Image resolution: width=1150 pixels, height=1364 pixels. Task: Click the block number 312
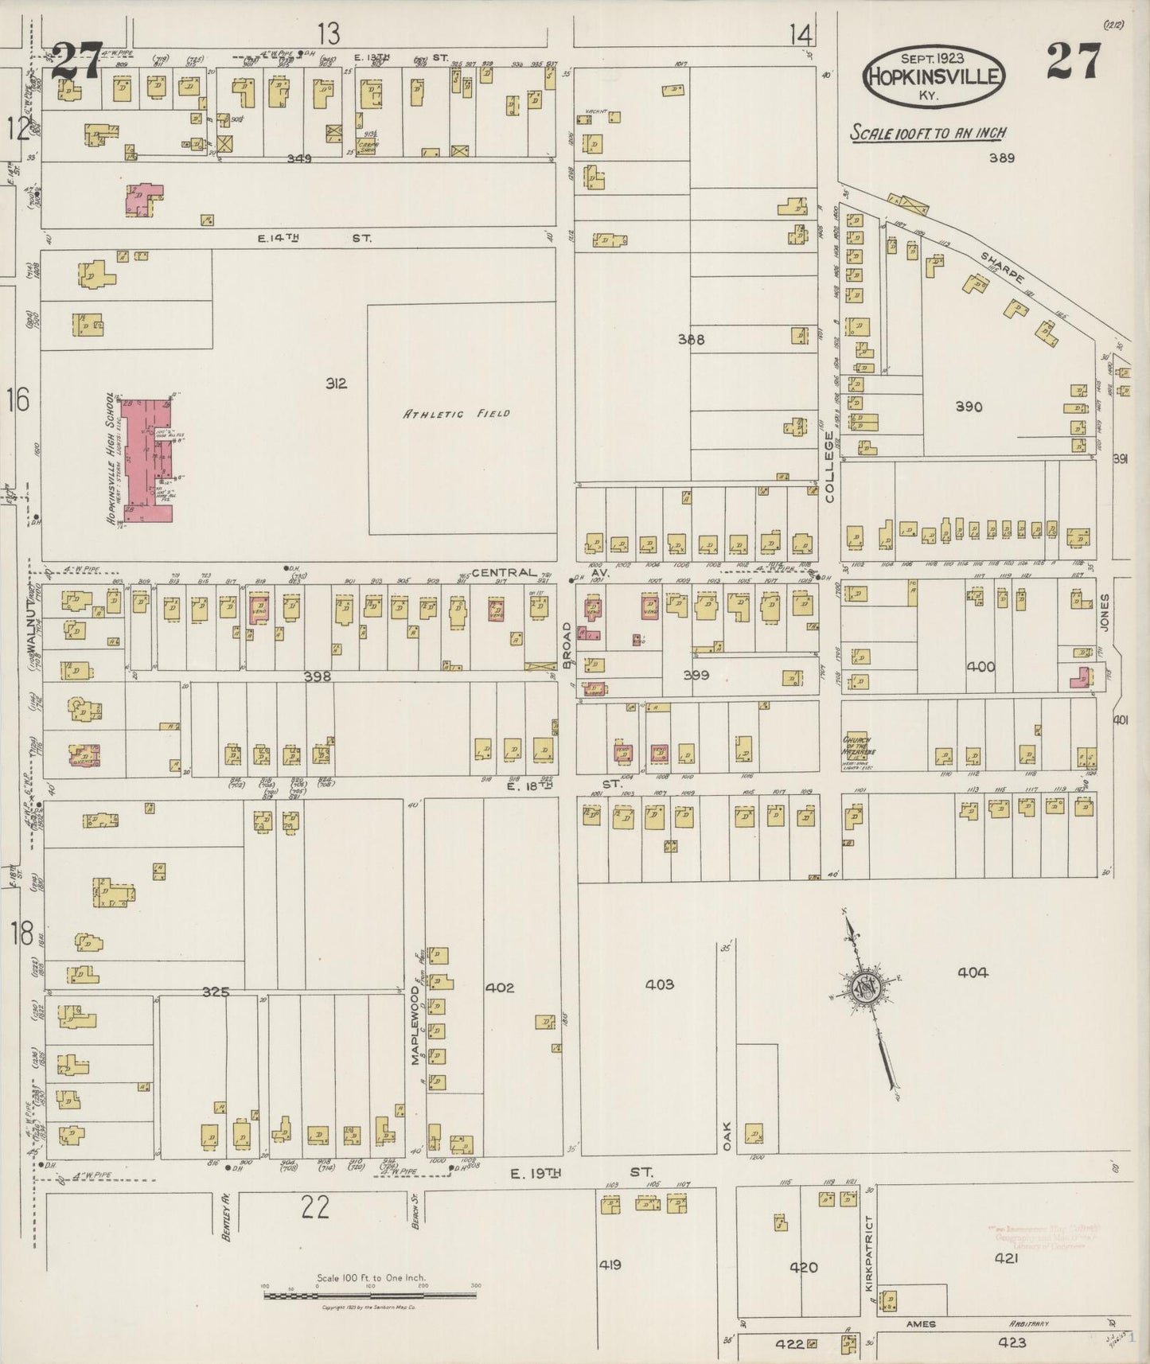click(336, 384)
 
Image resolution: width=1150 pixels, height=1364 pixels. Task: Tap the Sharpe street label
click(1003, 266)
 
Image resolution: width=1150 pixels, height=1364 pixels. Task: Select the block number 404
click(973, 972)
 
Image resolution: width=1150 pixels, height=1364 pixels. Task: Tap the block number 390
click(969, 407)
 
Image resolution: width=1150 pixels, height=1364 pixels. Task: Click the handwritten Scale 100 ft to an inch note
click(928, 133)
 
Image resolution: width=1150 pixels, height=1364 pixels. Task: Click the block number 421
click(1006, 1259)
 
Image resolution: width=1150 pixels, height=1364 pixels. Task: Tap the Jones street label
click(1104, 612)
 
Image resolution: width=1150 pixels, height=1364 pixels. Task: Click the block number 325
click(216, 992)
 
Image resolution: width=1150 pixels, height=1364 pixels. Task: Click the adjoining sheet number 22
click(315, 1209)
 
